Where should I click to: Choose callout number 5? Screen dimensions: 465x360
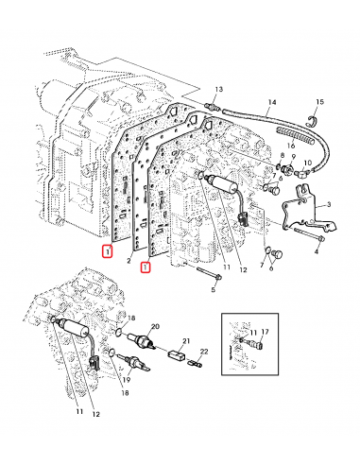[214, 289]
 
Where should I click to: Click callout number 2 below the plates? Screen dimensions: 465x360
[128, 258]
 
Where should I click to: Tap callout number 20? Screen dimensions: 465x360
[154, 325]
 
